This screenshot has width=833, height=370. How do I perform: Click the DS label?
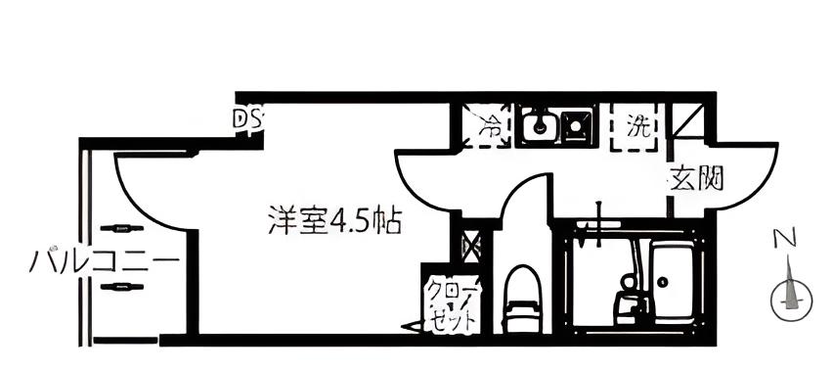247,119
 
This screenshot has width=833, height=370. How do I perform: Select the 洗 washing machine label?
637,125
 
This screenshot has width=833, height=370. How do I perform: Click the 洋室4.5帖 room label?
333,221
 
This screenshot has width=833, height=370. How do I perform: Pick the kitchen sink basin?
537,126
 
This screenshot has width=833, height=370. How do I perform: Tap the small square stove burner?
574,124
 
